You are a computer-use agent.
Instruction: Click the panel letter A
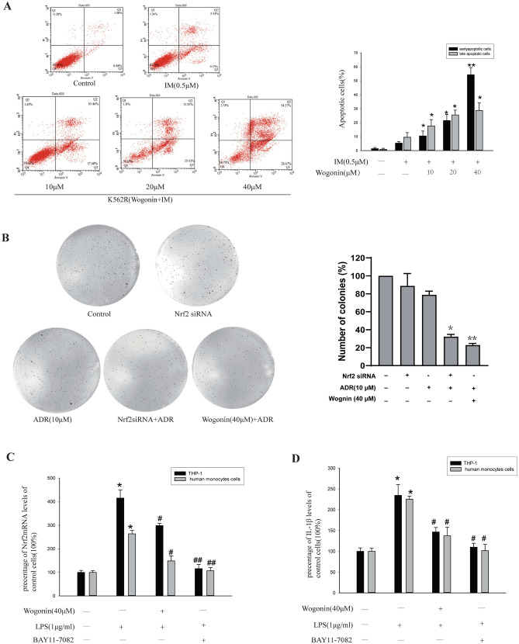[9, 7]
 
